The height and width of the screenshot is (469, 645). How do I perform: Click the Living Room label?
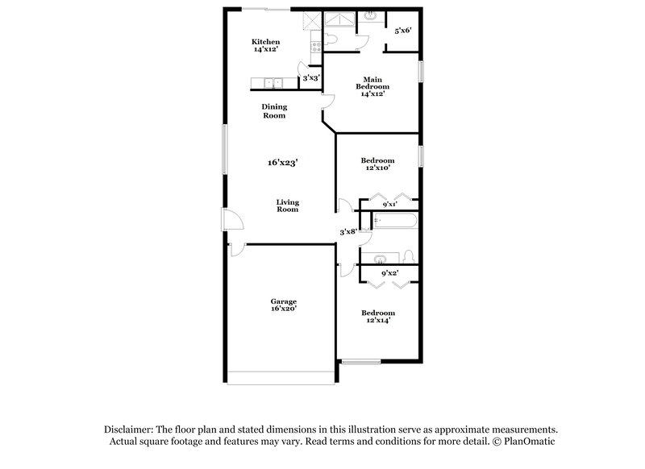(287, 205)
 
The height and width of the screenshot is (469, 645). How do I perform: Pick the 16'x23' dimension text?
(283, 162)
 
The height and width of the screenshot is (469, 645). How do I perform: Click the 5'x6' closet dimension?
(402, 31)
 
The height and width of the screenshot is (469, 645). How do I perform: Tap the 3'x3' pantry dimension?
(310, 78)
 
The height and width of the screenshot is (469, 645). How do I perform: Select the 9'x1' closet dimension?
(389, 205)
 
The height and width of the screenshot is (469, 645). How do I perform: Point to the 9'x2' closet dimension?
(389, 272)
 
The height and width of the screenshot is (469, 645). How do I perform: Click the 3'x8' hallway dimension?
(347, 232)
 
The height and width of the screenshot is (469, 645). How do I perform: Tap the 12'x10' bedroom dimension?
(377, 168)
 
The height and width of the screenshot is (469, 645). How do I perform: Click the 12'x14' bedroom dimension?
(377, 321)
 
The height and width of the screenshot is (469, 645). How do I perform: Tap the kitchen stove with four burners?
(315, 47)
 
